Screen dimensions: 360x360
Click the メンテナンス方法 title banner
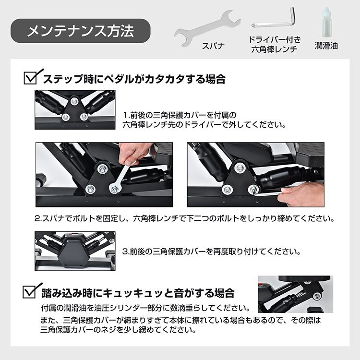click(80, 31)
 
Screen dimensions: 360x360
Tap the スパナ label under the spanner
click(213, 46)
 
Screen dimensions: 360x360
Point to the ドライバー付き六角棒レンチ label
click(275, 44)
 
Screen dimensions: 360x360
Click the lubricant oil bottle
click(326, 23)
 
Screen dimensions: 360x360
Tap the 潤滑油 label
click(326, 46)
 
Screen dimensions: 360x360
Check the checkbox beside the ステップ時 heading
click(31, 78)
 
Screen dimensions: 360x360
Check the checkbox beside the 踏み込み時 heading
click(30, 292)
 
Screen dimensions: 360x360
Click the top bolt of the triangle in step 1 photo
click(73, 101)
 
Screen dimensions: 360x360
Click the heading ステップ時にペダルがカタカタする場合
click(134, 79)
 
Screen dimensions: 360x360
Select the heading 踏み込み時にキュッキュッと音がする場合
click(138, 293)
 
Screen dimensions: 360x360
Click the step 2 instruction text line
click(184, 218)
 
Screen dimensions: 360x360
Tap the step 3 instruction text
click(211, 252)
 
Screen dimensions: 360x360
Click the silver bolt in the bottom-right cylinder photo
click(318, 297)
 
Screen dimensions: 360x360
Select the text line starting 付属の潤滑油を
click(146, 308)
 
